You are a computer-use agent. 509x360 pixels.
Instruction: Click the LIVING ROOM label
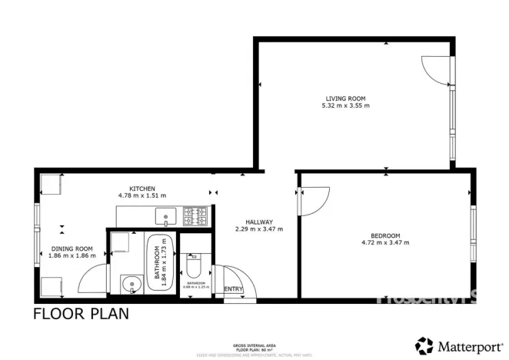coord(344,98)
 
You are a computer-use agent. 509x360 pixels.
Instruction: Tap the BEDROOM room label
coord(385,235)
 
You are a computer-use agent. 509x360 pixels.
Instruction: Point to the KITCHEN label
coord(142,188)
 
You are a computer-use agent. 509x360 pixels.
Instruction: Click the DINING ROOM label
coord(72,248)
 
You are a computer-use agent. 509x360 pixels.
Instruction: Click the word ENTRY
coord(233,289)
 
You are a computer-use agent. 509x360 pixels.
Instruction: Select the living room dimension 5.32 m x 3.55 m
coord(345,105)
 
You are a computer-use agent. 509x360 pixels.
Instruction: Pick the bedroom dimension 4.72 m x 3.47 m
coord(385,243)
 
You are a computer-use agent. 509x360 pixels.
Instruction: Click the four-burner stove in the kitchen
coord(196,216)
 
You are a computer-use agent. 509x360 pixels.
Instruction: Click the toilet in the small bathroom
coord(195,266)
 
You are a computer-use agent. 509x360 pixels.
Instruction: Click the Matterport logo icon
coord(424,345)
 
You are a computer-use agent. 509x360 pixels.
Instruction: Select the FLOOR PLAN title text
coord(80,314)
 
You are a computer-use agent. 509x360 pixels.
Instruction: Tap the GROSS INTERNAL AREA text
coord(254,345)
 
